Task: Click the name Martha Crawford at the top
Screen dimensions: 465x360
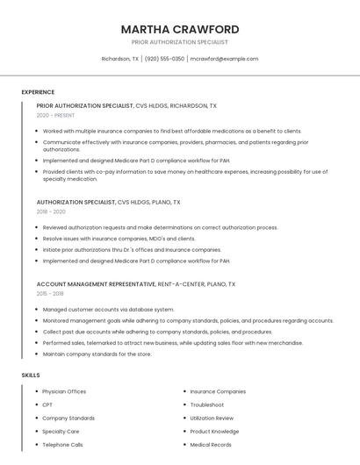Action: point(180,29)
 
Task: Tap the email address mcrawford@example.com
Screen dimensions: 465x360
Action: point(225,59)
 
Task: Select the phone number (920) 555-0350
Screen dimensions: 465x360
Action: point(164,59)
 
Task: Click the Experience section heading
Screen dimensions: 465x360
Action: point(38,92)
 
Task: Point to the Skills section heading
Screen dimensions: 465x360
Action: point(31,376)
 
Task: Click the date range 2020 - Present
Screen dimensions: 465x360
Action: point(56,116)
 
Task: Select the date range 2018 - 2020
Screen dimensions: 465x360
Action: point(51,212)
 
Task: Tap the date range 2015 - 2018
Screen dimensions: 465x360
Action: point(51,294)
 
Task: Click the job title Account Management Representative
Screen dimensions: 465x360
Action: point(95,284)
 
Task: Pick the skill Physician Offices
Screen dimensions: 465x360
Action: point(64,391)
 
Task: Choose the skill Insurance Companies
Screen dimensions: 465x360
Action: point(218,391)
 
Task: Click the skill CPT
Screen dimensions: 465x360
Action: point(47,404)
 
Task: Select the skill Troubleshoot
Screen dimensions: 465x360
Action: point(206,404)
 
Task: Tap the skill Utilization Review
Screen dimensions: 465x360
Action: point(212,418)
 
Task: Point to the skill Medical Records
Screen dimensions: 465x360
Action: point(211,445)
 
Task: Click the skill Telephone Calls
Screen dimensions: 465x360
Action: point(62,445)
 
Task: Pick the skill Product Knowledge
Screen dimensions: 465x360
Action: point(214,432)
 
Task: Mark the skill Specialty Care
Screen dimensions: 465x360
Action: point(61,432)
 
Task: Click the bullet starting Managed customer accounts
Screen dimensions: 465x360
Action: point(108,309)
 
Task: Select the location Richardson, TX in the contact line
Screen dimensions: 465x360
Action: point(120,59)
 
